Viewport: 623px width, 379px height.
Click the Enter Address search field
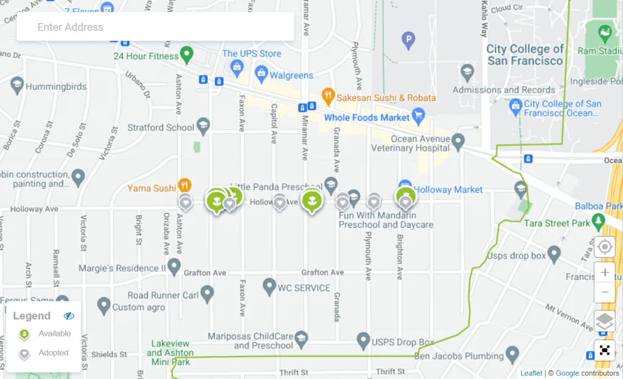[x=155, y=27]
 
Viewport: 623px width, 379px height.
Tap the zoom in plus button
[x=605, y=273]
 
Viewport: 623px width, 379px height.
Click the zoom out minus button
[x=605, y=292]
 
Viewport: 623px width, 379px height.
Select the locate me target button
[x=605, y=247]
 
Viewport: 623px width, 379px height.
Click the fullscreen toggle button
[x=605, y=350]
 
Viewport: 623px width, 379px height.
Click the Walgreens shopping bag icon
[x=262, y=75]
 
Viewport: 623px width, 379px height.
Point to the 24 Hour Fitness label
[x=146, y=56]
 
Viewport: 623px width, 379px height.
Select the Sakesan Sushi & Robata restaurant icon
[x=329, y=97]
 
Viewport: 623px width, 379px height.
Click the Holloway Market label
[x=449, y=189]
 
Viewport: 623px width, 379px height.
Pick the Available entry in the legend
[x=54, y=333]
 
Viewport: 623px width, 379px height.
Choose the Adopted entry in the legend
[x=53, y=353]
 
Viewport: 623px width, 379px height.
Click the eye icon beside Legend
[x=69, y=316]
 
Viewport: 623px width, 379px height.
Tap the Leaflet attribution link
[x=531, y=373]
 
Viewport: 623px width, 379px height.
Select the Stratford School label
[x=161, y=128]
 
